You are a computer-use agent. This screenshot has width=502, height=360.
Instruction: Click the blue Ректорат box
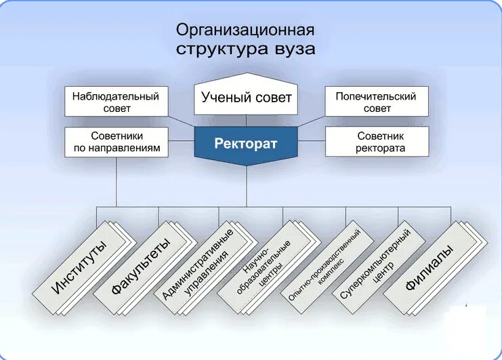click(246, 144)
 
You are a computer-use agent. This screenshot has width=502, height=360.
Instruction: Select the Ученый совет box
click(246, 97)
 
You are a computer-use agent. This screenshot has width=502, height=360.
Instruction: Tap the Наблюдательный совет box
click(116, 102)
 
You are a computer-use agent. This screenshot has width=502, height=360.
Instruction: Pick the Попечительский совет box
click(377, 102)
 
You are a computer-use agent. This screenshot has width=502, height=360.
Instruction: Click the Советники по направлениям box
click(116, 142)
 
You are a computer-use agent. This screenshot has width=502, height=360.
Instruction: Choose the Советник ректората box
click(377, 142)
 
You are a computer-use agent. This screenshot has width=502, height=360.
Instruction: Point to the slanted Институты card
click(79, 268)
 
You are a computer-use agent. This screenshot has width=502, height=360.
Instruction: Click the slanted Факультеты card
click(140, 268)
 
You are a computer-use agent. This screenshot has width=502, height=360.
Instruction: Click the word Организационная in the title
click(245, 31)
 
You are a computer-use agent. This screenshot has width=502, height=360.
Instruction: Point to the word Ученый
click(222, 97)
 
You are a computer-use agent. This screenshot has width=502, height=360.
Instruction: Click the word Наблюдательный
click(116, 96)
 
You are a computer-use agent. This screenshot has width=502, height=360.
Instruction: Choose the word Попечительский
click(377, 96)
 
